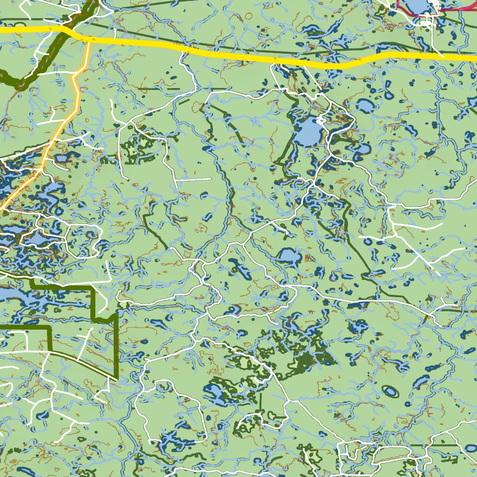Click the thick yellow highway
click(x=233, y=55)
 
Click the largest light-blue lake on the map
click(x=308, y=132)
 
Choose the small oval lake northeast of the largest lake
click(x=366, y=106)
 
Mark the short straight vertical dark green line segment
click(x=260, y=403)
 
